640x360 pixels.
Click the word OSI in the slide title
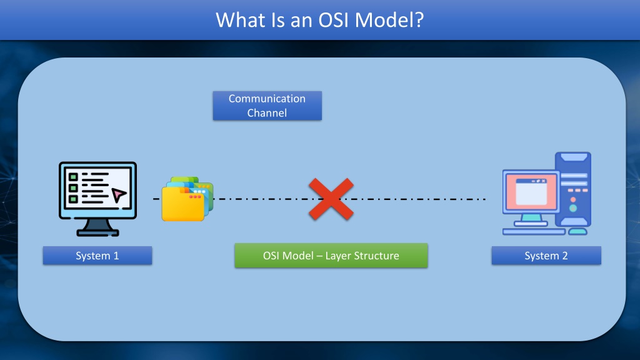[x=334, y=20]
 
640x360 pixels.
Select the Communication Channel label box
[x=267, y=106]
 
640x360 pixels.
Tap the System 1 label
[x=97, y=256]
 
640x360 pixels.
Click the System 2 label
[x=546, y=256]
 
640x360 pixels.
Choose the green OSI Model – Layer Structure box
[x=331, y=256]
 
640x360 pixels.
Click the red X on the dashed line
[x=331, y=199]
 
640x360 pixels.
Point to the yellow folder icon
[x=183, y=203]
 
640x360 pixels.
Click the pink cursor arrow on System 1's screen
[x=119, y=195]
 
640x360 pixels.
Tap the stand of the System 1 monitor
[x=98, y=227]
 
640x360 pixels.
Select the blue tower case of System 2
[x=573, y=189]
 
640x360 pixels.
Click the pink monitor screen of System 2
[x=531, y=191]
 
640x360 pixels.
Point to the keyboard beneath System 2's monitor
[x=534, y=231]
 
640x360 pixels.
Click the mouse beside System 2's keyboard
[x=577, y=231]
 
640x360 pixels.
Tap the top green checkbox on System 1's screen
[x=73, y=177]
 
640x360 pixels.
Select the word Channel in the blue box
[x=267, y=112]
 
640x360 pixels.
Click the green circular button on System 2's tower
[x=573, y=208]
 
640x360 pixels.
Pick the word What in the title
[x=241, y=20]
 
